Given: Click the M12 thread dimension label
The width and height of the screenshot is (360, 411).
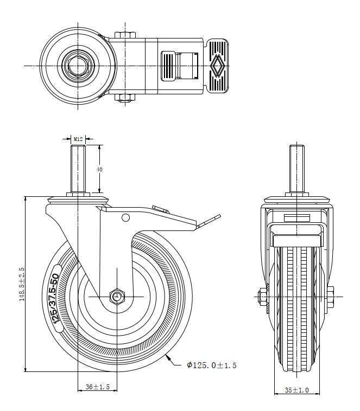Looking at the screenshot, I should pyautogui.click(x=79, y=139).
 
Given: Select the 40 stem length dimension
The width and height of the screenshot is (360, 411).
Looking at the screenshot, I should pyautogui.click(x=99, y=169).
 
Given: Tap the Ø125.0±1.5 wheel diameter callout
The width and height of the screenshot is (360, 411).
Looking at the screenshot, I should pyautogui.click(x=212, y=365).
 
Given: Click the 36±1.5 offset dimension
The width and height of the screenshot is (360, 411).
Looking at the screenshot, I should pyautogui.click(x=98, y=387).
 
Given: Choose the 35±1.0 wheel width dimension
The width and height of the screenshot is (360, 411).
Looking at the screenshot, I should pyautogui.click(x=296, y=390).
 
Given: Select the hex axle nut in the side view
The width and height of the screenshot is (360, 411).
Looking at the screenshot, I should pyautogui.click(x=117, y=296).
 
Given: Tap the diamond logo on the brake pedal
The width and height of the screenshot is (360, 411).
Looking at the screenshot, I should pyautogui.click(x=217, y=66).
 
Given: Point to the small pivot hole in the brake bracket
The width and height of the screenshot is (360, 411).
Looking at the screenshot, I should pyautogui.click(x=126, y=218).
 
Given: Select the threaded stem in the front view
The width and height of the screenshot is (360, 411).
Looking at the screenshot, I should pyautogui.click(x=296, y=168).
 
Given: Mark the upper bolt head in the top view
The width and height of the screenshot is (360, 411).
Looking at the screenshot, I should pyautogui.click(x=125, y=35).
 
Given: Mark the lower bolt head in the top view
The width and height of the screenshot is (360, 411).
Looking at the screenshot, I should pyautogui.click(x=125, y=98).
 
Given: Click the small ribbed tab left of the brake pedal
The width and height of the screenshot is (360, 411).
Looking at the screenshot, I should pyautogui.click(x=168, y=66).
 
